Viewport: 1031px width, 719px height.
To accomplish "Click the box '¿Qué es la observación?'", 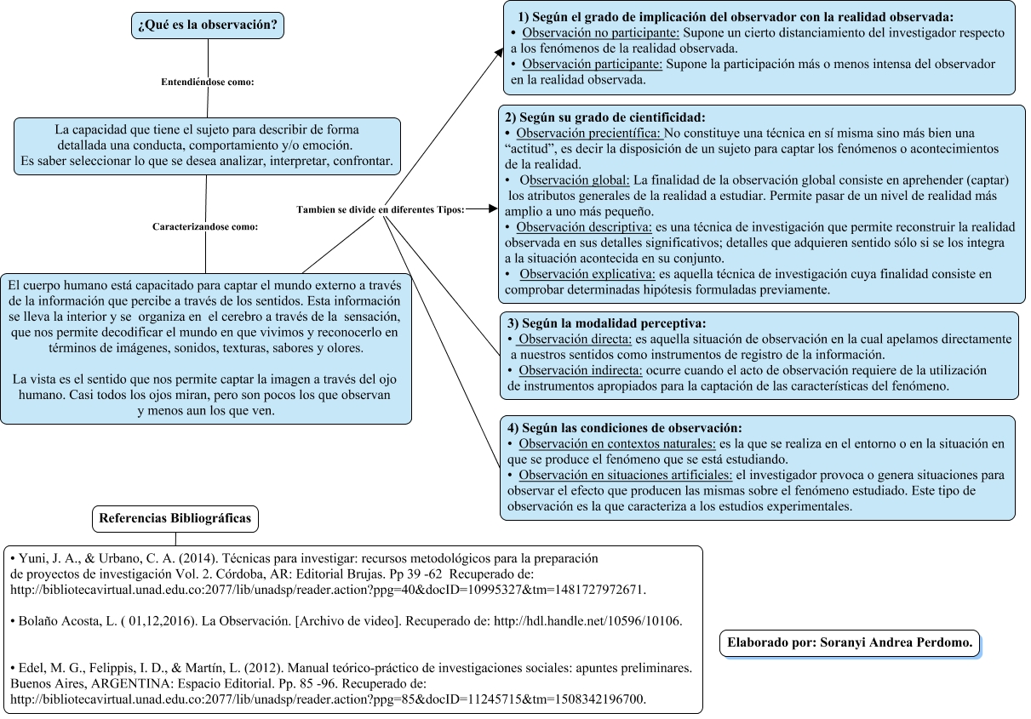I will (x=207, y=25).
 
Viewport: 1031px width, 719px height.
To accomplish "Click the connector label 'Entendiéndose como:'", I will (x=208, y=83).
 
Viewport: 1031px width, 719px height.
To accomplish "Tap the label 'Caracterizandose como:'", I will (x=205, y=227).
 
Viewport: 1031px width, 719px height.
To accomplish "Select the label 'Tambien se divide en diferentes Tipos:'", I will (x=380, y=209).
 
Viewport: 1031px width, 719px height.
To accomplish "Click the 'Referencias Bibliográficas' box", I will (x=175, y=518).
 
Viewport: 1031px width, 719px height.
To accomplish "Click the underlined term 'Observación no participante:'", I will (x=600, y=33).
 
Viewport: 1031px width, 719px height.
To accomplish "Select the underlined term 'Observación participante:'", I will (x=592, y=64).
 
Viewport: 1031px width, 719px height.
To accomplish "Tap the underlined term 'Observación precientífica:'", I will (x=588, y=134).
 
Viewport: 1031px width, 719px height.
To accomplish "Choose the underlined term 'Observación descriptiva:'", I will (x=584, y=227).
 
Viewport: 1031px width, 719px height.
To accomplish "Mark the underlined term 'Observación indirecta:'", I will (x=580, y=370).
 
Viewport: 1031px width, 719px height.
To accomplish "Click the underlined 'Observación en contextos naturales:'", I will (x=617, y=443).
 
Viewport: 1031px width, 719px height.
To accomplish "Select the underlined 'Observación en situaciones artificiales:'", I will (x=625, y=474).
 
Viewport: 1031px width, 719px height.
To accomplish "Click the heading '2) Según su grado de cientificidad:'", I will (x=605, y=117).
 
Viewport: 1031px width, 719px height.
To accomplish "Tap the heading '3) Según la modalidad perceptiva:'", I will (x=606, y=323).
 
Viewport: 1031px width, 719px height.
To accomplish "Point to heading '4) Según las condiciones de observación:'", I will (x=624, y=427).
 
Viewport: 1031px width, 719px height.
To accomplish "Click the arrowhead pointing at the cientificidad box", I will (x=493, y=208).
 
